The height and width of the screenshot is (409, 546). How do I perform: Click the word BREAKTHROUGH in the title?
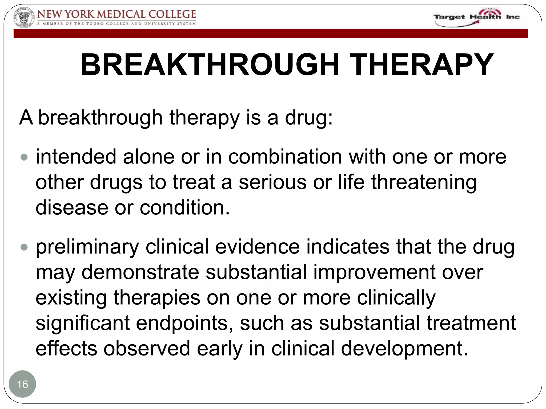[x=210, y=65]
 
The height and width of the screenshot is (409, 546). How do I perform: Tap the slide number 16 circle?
[x=22, y=384]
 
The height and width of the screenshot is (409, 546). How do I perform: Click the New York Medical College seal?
[x=24, y=18]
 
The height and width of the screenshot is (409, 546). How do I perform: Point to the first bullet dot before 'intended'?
[x=24, y=157]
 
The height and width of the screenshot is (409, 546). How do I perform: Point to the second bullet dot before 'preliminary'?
[x=24, y=247]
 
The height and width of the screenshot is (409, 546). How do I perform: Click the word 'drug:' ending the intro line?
[x=309, y=117]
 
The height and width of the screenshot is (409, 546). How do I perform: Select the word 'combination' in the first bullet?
[x=285, y=157]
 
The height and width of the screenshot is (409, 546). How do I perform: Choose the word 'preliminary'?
[x=87, y=247]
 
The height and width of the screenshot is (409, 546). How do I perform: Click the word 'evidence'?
[x=257, y=247]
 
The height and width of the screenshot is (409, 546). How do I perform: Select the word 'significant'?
[x=83, y=323]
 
